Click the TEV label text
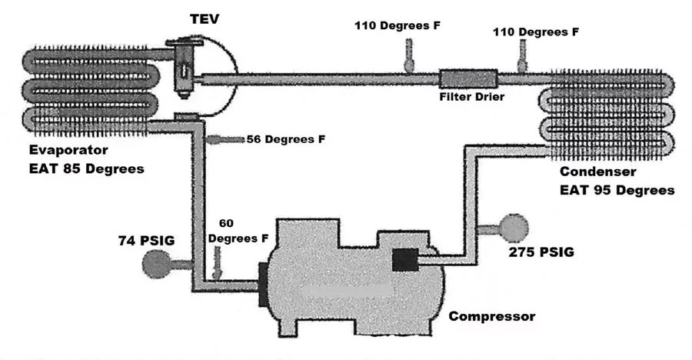pos(205,19)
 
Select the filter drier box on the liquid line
pos(468,79)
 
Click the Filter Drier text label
pos(472,97)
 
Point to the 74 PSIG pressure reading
pos(147,241)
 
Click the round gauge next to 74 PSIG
pos(157,264)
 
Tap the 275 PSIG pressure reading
pos(541,252)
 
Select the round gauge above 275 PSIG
pos(514,228)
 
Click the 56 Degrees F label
pos(286,139)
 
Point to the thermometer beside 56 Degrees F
pos(225,139)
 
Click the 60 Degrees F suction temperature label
pos(238,231)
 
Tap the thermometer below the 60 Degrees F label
pos(217,262)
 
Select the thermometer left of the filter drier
pos(409,55)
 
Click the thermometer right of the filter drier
pos(523,56)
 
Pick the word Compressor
pos(491,316)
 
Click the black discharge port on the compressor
pos(405,259)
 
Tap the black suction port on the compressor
pos(263,285)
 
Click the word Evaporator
pos(68,150)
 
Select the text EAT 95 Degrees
pos(617,190)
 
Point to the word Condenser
pos(598,172)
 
